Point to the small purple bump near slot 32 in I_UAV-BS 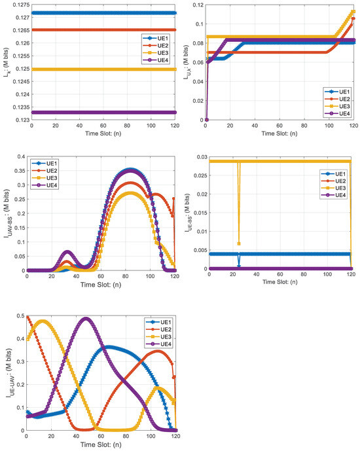pyautogui.click(x=66, y=251)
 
